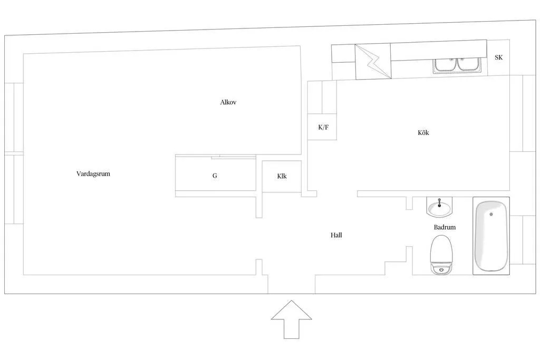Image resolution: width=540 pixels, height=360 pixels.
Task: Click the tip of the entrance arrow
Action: coord(291,300)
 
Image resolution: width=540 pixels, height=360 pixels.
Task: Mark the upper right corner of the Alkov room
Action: coord(300,46)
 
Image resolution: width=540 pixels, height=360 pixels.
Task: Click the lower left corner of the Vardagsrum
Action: coord(23,275)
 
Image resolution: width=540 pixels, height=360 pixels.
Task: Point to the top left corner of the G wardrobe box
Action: coord(175,155)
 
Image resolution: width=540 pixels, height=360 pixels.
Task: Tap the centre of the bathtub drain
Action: coord(491,214)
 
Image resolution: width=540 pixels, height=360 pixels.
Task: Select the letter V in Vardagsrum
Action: coord(79,174)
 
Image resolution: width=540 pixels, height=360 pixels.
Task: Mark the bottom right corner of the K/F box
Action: coord(336,140)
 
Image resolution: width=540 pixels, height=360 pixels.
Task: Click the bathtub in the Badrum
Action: coord(491,236)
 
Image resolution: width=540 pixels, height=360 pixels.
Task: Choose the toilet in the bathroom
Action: coord(441,255)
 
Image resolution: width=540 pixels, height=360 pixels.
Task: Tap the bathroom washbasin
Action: coord(439,208)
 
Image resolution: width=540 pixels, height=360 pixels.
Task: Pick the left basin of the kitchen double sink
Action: coord(445,65)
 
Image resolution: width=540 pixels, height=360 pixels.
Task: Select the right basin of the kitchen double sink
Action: coord(468,65)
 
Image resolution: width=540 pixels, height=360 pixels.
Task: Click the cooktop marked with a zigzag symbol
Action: coord(373,61)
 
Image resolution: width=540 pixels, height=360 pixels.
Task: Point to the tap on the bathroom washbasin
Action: coord(439,203)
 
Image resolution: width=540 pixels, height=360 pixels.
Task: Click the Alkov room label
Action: coord(228,102)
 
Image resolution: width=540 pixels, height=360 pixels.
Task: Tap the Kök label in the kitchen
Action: coord(423,132)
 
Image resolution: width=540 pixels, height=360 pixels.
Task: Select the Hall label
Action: coord(336,235)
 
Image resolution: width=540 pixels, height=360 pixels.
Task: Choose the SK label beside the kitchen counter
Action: coord(499,57)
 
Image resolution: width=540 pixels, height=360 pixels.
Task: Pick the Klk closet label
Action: coord(282,176)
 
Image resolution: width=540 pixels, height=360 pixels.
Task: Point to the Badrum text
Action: coord(445,227)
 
